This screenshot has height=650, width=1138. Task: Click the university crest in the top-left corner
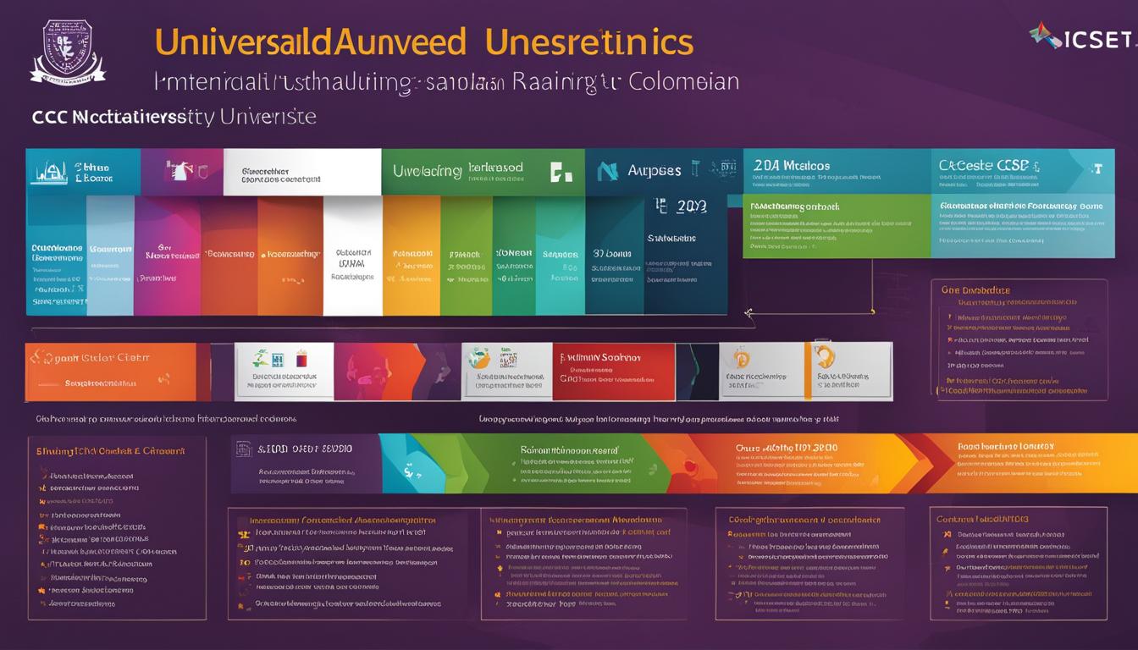(68, 52)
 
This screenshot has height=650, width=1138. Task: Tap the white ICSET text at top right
(1097, 39)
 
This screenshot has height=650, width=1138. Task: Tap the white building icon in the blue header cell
(50, 172)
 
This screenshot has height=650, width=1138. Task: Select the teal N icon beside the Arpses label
(607, 172)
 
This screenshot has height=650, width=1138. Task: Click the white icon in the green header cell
(560, 172)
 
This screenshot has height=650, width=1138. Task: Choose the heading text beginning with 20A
(791, 166)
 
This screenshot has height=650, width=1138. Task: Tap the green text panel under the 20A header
(836, 227)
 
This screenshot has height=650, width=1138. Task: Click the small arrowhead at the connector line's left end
(749, 313)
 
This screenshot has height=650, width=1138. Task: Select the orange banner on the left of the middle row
(110, 371)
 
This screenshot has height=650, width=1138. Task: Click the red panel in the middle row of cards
(613, 371)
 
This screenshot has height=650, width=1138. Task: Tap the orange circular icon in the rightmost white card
(824, 355)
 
